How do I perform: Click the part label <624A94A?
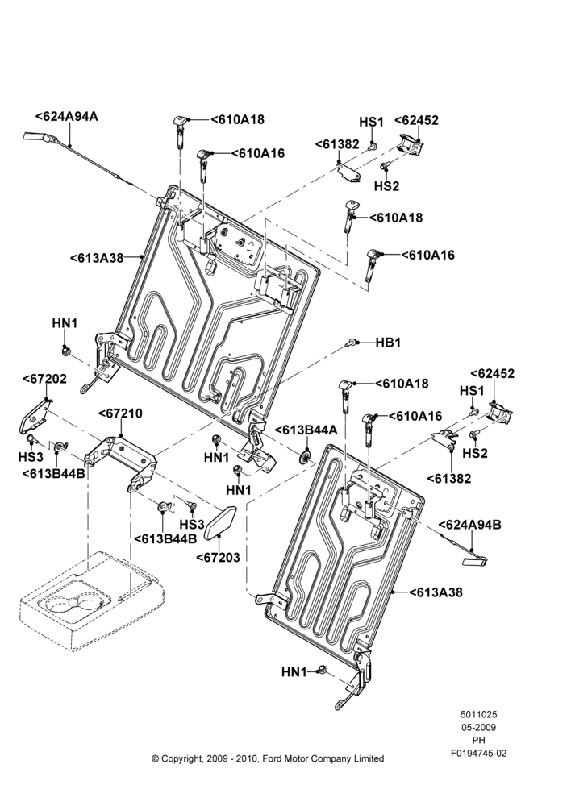[x=67, y=117]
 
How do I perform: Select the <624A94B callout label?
[x=469, y=525]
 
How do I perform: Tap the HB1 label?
[x=388, y=343]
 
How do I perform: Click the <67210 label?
[x=120, y=413]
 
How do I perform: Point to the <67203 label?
[x=218, y=557]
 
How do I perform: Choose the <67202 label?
[x=44, y=379]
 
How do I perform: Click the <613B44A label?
[x=306, y=430]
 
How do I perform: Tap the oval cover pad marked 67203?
[x=221, y=521]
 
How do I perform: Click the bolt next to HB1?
[x=352, y=341]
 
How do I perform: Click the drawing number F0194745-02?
[x=478, y=754]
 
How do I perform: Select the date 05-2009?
[x=478, y=727]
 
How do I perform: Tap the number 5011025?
[x=478, y=714]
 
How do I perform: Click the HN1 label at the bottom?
[x=294, y=672]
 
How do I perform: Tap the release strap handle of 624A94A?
[x=39, y=138]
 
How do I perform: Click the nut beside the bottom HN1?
[x=322, y=670]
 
